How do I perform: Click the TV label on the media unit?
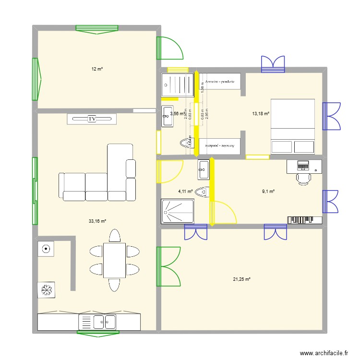(91, 119)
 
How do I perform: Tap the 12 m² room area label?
(97, 69)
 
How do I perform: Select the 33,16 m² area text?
(97, 221)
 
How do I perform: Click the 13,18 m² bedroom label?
(261, 114)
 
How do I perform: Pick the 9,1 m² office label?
(268, 192)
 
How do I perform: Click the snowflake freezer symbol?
(47, 290)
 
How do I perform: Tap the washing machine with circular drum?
(46, 249)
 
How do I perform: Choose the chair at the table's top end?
(114, 236)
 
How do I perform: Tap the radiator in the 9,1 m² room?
(304, 220)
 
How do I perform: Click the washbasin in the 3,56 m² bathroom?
(168, 116)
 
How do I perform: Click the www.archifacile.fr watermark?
(324, 353)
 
